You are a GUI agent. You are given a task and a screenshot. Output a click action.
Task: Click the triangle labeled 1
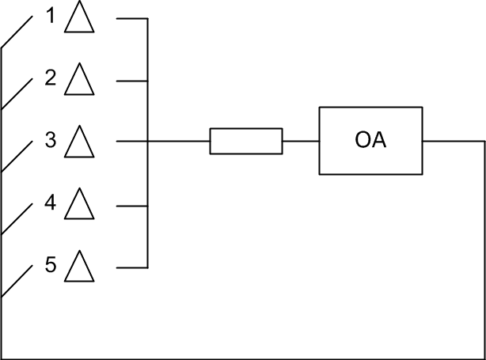tap(79, 18)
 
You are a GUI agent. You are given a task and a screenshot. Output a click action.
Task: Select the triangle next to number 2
tap(79, 81)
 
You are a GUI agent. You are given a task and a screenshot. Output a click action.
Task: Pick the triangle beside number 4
tap(79, 205)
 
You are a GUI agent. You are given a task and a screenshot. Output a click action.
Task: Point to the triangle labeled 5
tap(79, 267)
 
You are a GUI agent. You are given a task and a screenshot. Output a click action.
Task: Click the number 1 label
tap(51, 17)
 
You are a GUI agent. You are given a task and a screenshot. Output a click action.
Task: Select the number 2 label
tap(51, 79)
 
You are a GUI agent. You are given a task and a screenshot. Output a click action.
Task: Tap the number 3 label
tap(51, 141)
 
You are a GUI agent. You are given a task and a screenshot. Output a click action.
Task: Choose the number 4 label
tap(51, 203)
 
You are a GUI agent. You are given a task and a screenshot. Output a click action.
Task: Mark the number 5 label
tap(51, 265)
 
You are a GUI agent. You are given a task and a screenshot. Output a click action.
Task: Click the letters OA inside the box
tap(370, 142)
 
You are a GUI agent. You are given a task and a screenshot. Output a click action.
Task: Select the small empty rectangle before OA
tap(245, 141)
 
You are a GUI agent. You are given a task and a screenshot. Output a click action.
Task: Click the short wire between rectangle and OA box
tap(301, 141)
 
